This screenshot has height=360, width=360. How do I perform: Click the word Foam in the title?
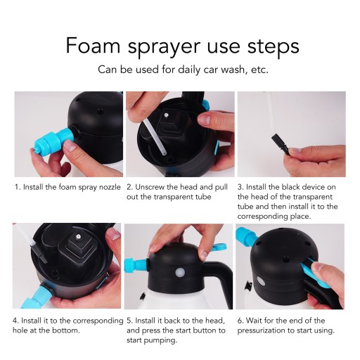(x=93, y=46)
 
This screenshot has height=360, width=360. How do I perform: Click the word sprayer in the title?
(x=164, y=48)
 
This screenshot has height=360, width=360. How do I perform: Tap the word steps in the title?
(x=274, y=47)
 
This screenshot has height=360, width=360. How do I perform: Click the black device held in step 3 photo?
(x=281, y=144)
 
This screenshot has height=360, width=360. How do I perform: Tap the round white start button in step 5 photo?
(x=180, y=273)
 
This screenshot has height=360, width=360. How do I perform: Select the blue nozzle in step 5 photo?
(x=135, y=265)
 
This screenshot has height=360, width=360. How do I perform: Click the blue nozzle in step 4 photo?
(x=37, y=297)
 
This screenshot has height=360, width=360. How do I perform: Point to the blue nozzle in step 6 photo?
(x=246, y=236)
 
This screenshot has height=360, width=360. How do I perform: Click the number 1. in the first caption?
(x=18, y=187)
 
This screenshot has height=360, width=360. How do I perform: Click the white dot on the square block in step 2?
(x=166, y=115)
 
